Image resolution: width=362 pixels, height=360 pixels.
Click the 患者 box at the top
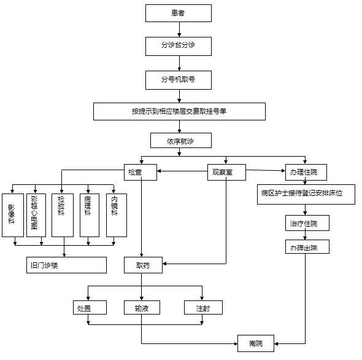pos(179,13)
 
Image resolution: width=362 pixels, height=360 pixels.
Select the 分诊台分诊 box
pos(179,46)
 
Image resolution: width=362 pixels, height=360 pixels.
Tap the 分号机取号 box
pos(179,80)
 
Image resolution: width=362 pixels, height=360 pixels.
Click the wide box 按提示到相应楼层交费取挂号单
pos(179,111)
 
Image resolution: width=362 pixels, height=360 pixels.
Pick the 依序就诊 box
pos(181,140)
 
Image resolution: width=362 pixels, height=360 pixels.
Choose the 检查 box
pos(141,172)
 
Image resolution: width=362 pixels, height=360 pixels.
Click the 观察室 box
pos(226,172)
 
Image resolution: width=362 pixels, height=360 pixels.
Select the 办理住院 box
pos(306,172)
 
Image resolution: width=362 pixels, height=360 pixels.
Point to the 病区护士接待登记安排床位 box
pos(306,195)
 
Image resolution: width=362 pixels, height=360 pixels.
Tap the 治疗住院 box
pos(307,223)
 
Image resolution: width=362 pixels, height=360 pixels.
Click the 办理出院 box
pos(307,247)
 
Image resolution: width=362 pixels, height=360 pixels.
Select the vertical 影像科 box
pos(13,215)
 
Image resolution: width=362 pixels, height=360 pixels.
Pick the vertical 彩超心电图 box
pos(36,215)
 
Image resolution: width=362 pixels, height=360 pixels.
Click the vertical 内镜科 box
pos(117,215)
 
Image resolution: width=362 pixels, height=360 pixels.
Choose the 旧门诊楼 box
pos(66,265)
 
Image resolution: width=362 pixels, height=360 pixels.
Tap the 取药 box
pos(143,265)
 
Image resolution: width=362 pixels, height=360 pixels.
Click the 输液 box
pos(142,308)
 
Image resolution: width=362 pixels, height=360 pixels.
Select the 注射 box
pos(203,308)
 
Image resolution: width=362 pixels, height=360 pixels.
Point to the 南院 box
pos(256,343)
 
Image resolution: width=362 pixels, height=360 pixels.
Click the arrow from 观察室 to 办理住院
pos(266,171)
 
